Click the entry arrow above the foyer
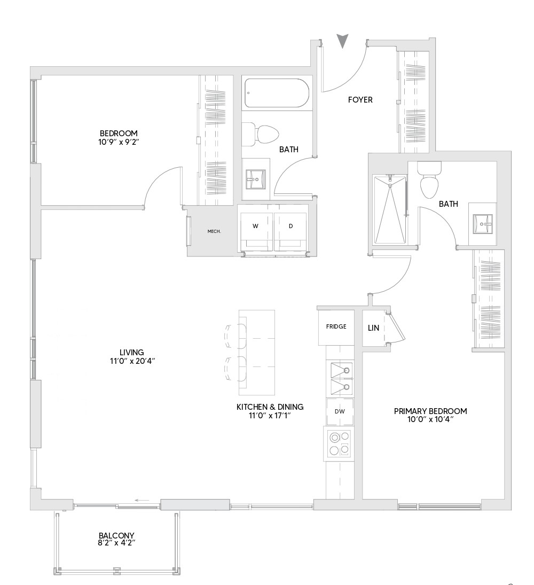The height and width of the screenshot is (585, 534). coord(343,41)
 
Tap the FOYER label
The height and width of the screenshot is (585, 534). coord(360,100)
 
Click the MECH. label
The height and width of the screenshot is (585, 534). coord(214,231)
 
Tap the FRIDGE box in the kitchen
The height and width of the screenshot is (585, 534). coord(336,327)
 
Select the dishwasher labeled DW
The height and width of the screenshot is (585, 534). coord(340,412)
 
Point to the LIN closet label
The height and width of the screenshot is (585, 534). coord(373,328)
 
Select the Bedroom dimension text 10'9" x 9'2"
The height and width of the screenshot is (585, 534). coord(119,142)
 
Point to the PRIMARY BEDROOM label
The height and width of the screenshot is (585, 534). coord(430,411)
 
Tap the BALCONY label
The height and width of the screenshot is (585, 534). coord(116,535)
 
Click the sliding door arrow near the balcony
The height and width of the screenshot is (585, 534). coord(142,501)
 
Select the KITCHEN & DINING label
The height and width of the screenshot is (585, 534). coord(270,407)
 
